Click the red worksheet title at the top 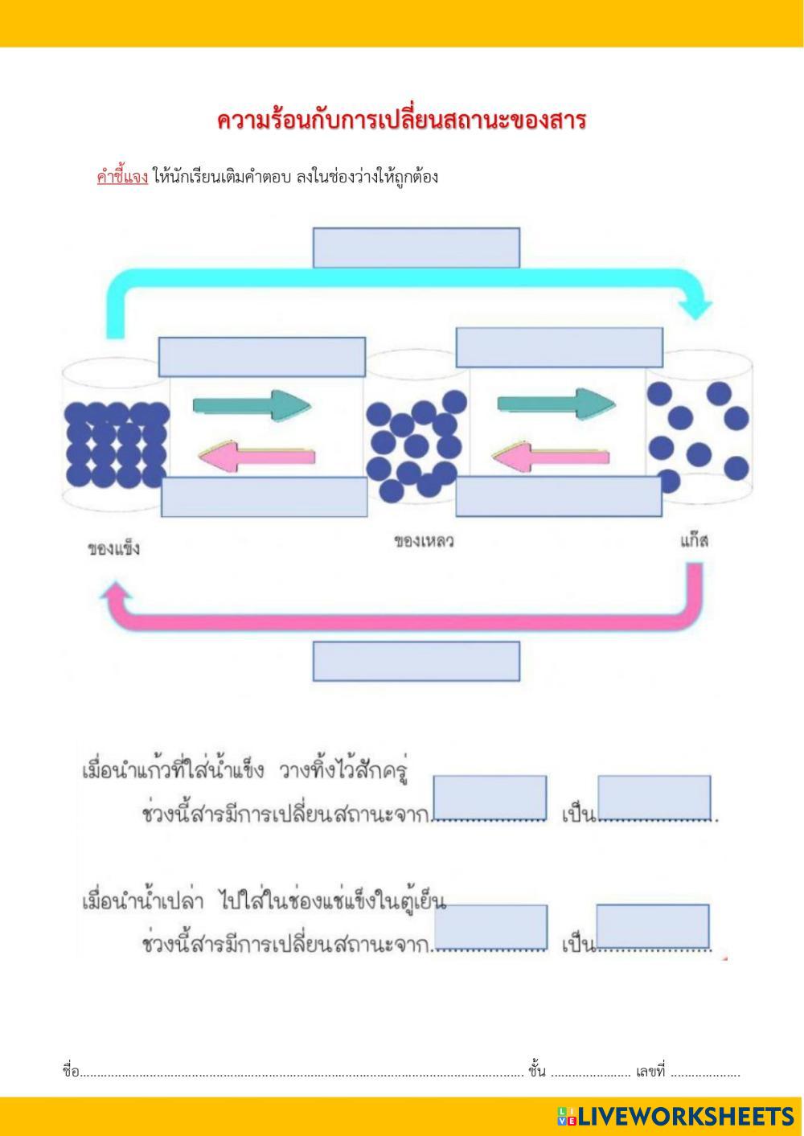coord(401,121)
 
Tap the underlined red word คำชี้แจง coord(122,177)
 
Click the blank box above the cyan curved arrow coord(416,248)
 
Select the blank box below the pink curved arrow coord(416,661)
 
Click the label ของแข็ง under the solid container coord(114,550)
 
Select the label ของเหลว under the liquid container coord(424,541)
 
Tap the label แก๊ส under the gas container coord(694,540)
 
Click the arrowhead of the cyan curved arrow coord(696,307)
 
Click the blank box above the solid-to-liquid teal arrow coord(261,357)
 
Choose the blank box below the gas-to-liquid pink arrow coord(559,496)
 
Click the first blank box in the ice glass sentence coord(490,798)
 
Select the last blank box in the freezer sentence coord(653,926)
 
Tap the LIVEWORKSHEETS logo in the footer coord(675,1116)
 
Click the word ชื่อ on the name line coord(71,1072)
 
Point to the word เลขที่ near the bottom coord(650,1072)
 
